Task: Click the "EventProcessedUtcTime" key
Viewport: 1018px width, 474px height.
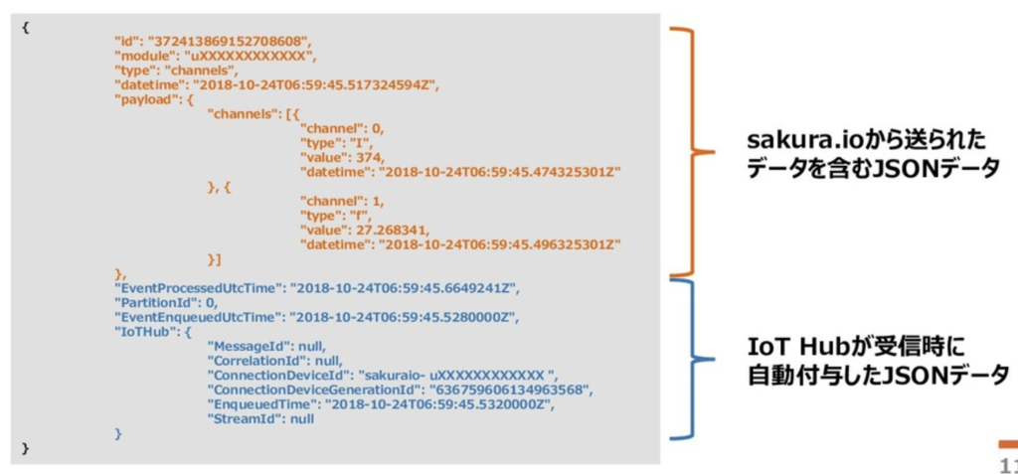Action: (x=198, y=288)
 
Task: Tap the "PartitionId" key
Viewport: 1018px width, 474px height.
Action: (x=156, y=302)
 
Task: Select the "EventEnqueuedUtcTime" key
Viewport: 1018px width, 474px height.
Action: (x=197, y=318)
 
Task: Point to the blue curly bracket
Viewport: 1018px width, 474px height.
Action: (x=690, y=359)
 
